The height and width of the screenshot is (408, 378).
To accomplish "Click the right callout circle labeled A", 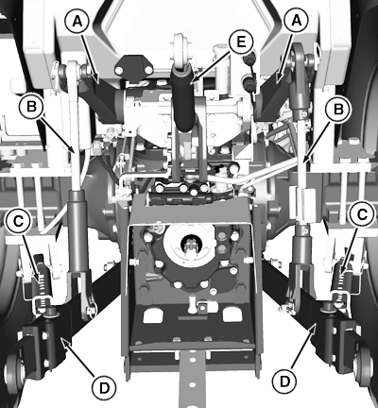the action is click(x=296, y=21).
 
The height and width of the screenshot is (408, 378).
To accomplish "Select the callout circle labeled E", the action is click(x=241, y=42).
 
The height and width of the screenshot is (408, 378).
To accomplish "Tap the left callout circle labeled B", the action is click(x=31, y=106).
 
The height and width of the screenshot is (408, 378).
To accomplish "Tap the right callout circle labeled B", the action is click(x=338, y=109).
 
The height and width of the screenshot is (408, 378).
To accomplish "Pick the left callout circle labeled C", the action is click(x=18, y=221).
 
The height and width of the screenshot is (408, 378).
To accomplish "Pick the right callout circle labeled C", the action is click(x=362, y=214).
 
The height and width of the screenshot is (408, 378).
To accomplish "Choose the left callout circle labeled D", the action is click(x=104, y=388).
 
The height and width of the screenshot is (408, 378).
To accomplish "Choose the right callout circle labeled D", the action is click(x=284, y=382).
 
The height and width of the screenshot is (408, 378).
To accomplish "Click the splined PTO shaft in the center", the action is click(x=189, y=246).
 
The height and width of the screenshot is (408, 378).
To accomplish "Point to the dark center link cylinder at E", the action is click(x=182, y=97).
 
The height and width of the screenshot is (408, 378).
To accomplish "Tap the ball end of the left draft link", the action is click(x=13, y=371).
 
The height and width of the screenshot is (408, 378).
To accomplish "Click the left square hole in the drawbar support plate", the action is click(x=152, y=315).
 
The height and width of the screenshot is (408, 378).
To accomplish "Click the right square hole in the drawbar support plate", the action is click(x=232, y=314).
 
